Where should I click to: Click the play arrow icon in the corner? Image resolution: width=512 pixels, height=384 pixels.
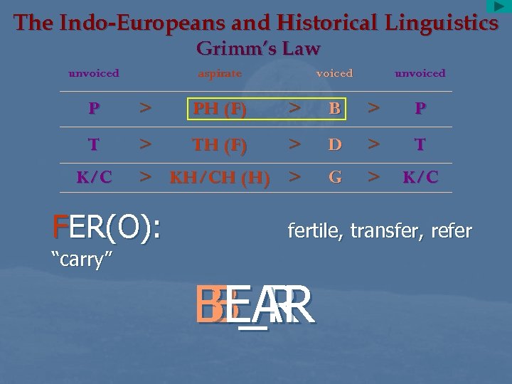click(498, 6)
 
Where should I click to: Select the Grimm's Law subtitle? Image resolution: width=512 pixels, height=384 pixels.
click(258, 48)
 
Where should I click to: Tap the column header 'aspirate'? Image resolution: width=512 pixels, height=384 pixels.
click(220, 73)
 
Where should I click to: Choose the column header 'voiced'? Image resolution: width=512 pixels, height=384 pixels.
click(334, 73)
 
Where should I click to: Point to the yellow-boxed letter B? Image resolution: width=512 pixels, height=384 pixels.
click(335, 109)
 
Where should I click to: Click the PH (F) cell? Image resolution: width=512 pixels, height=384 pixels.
click(220, 109)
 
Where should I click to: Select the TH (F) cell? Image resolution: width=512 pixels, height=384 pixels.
click(220, 145)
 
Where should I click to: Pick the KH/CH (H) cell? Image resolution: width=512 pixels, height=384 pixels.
click(220, 178)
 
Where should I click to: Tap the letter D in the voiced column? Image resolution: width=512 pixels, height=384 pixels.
click(335, 145)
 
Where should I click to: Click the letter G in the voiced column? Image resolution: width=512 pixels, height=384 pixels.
click(335, 178)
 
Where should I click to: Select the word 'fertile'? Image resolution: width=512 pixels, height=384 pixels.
click(312, 230)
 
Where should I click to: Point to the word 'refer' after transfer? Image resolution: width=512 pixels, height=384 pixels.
click(449, 230)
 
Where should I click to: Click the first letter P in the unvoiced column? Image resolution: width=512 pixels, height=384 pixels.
click(94, 109)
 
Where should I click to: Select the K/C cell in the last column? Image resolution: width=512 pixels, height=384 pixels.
click(420, 178)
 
